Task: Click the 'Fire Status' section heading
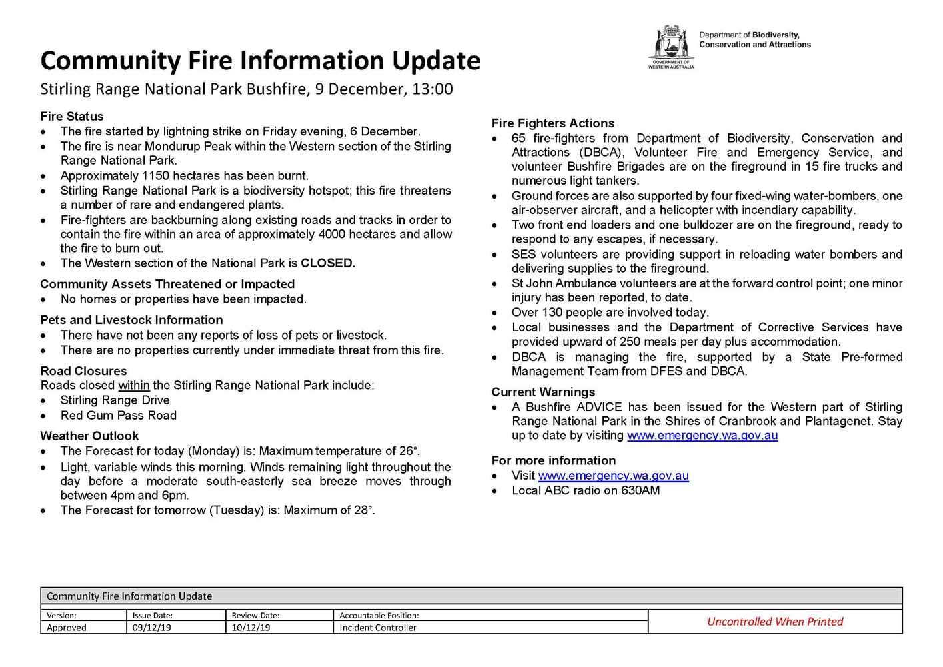tap(72, 116)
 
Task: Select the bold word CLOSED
tap(327, 263)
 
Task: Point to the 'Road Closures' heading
tap(83, 371)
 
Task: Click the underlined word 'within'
tap(133, 386)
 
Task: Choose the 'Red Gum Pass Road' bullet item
tap(119, 416)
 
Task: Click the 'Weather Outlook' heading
tap(89, 436)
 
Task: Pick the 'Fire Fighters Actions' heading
tap(552, 123)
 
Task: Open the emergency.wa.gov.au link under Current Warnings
tap(702, 436)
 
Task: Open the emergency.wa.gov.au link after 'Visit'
tap(613, 476)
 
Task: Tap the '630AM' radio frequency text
tap(640, 491)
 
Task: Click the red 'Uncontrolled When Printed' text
tap(774, 622)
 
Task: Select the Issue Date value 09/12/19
tap(151, 628)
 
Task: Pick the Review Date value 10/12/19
tap(251, 628)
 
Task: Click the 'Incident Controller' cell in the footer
tap(377, 628)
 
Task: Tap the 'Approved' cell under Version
tap(67, 628)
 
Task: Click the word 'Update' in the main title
tap(435, 61)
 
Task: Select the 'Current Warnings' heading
tap(543, 392)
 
